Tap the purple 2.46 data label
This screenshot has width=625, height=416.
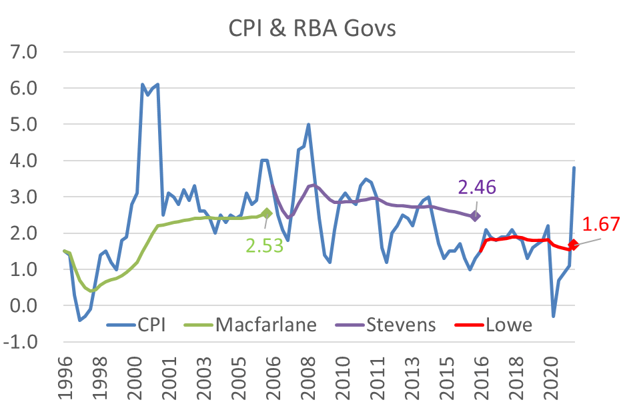(x=477, y=187)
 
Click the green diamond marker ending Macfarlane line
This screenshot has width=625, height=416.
(x=267, y=213)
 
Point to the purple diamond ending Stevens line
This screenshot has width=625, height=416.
(x=475, y=216)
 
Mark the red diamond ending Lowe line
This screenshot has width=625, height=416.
(x=572, y=245)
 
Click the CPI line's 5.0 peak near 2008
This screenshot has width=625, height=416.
(x=308, y=124)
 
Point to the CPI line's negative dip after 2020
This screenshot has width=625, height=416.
(x=553, y=316)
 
